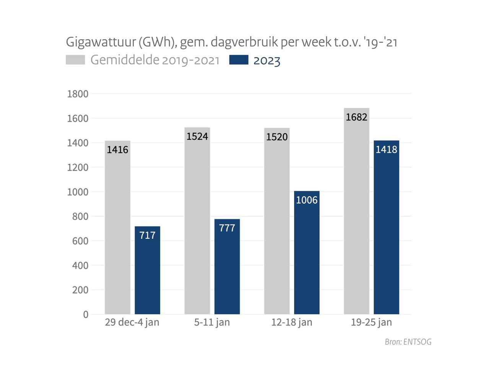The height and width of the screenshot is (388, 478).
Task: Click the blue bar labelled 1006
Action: (x=307, y=253)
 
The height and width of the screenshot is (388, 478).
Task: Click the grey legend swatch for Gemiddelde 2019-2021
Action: (x=75, y=60)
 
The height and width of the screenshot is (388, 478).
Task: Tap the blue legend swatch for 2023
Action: (x=239, y=60)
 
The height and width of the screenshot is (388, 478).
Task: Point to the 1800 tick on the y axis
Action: (x=78, y=94)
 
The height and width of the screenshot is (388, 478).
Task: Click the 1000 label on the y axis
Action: (x=78, y=192)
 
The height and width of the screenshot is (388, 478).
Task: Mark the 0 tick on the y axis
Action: (x=86, y=315)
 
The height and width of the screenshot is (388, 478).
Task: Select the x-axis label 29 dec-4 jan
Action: (x=132, y=323)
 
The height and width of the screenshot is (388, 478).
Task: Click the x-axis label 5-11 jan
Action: (x=212, y=323)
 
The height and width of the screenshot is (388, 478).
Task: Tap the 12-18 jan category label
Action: (x=292, y=323)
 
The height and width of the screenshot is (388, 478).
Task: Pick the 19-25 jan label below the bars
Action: (x=371, y=323)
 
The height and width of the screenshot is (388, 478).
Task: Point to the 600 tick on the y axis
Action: (x=80, y=241)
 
